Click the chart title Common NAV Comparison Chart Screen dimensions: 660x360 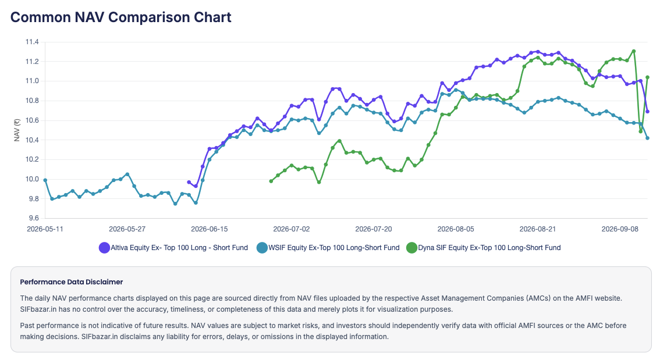(121, 17)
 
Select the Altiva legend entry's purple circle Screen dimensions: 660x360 (104, 248)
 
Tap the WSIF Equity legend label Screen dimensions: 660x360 (334, 248)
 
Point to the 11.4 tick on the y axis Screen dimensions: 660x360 (32, 42)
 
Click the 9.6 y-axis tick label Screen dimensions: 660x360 (32, 218)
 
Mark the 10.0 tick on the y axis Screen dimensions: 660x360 (32, 179)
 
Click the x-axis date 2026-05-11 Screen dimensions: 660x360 (45, 229)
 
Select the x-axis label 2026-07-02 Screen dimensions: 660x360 (291, 229)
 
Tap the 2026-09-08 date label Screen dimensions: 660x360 (620, 229)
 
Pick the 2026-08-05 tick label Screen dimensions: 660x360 (456, 229)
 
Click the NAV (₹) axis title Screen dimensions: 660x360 (17, 130)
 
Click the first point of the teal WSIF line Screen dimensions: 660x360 (45, 180)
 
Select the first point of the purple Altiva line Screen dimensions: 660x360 (189, 182)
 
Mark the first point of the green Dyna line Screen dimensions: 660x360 (271, 181)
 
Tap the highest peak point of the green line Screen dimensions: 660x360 (633, 51)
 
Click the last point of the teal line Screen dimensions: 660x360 (647, 138)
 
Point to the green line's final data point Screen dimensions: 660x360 (647, 77)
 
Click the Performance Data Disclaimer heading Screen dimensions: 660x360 (72, 281)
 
